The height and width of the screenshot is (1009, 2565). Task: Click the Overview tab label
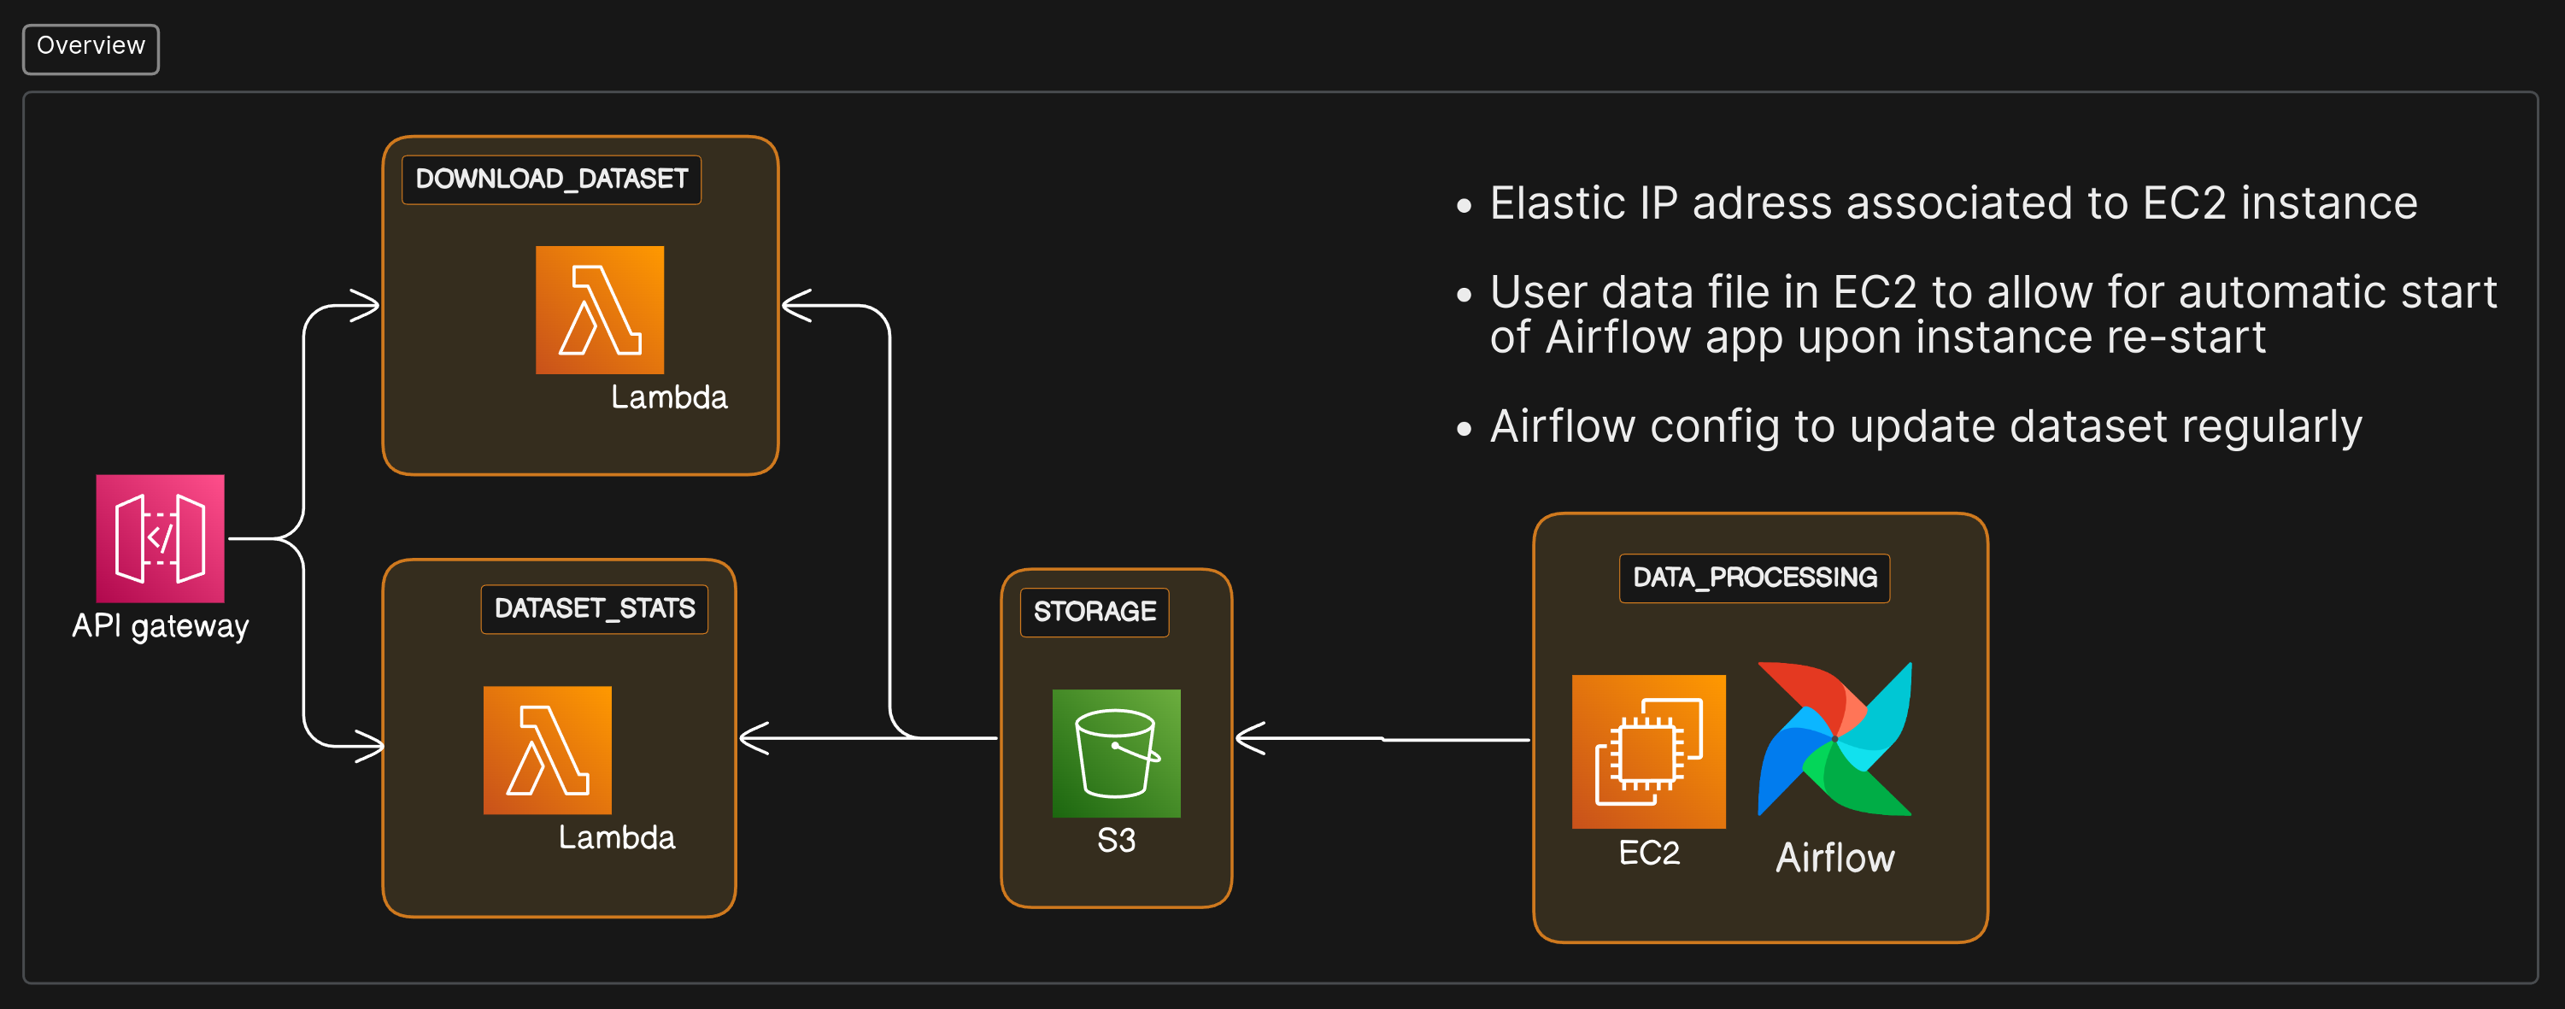click(91, 46)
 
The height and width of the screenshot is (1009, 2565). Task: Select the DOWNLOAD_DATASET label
click(552, 179)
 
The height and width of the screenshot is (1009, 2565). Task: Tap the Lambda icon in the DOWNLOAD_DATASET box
click(600, 310)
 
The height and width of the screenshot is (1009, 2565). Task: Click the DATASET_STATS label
click(595, 608)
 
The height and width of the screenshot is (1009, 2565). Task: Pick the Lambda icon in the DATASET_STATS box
click(547, 750)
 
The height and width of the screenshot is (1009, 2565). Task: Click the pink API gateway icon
click(161, 538)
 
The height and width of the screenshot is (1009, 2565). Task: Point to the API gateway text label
click(161, 625)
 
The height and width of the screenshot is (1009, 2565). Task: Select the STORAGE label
click(1095, 612)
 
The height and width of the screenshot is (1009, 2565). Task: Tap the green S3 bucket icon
click(1116, 753)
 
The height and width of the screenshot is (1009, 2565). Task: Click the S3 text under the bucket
click(1116, 841)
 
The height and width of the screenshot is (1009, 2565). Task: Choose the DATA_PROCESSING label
click(1754, 578)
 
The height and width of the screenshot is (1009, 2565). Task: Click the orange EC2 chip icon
click(1648, 752)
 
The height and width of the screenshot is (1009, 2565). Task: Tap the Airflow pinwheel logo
click(1834, 739)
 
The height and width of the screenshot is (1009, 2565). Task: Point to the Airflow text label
click(1834, 859)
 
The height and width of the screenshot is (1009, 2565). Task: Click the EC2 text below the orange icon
click(1649, 854)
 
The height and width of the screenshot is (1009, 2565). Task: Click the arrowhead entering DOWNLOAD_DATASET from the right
click(795, 306)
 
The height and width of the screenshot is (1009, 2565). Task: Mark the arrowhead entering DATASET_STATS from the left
click(371, 745)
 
